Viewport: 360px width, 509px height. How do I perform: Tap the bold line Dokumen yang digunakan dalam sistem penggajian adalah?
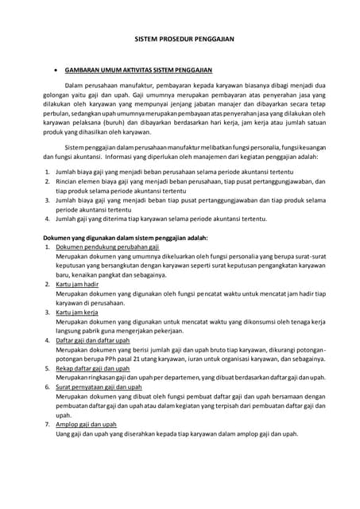125,237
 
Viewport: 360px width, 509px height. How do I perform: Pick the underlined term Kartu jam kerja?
82,313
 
